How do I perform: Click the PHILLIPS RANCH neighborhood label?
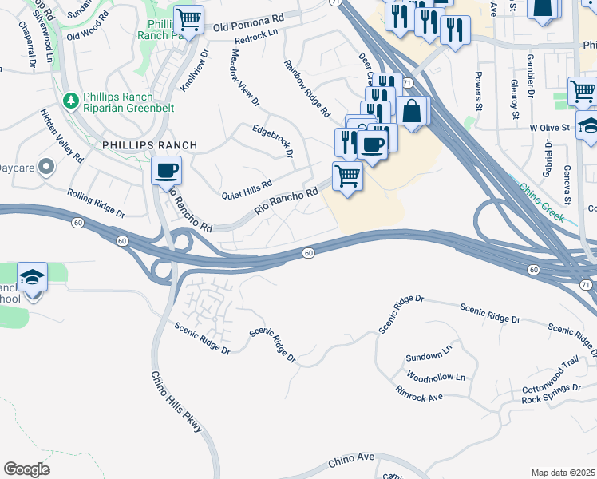tap(149, 145)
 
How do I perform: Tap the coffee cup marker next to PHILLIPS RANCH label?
tap(167, 170)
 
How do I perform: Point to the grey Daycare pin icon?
tap(46, 168)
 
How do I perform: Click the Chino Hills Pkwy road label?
tap(177, 402)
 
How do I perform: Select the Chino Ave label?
tap(351, 461)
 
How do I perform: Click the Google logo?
tap(26, 469)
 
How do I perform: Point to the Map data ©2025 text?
tap(563, 473)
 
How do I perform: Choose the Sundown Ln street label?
tap(429, 356)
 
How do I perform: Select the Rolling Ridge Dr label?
tap(96, 204)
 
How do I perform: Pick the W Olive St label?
tap(549, 127)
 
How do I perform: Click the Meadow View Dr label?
tap(245, 78)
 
